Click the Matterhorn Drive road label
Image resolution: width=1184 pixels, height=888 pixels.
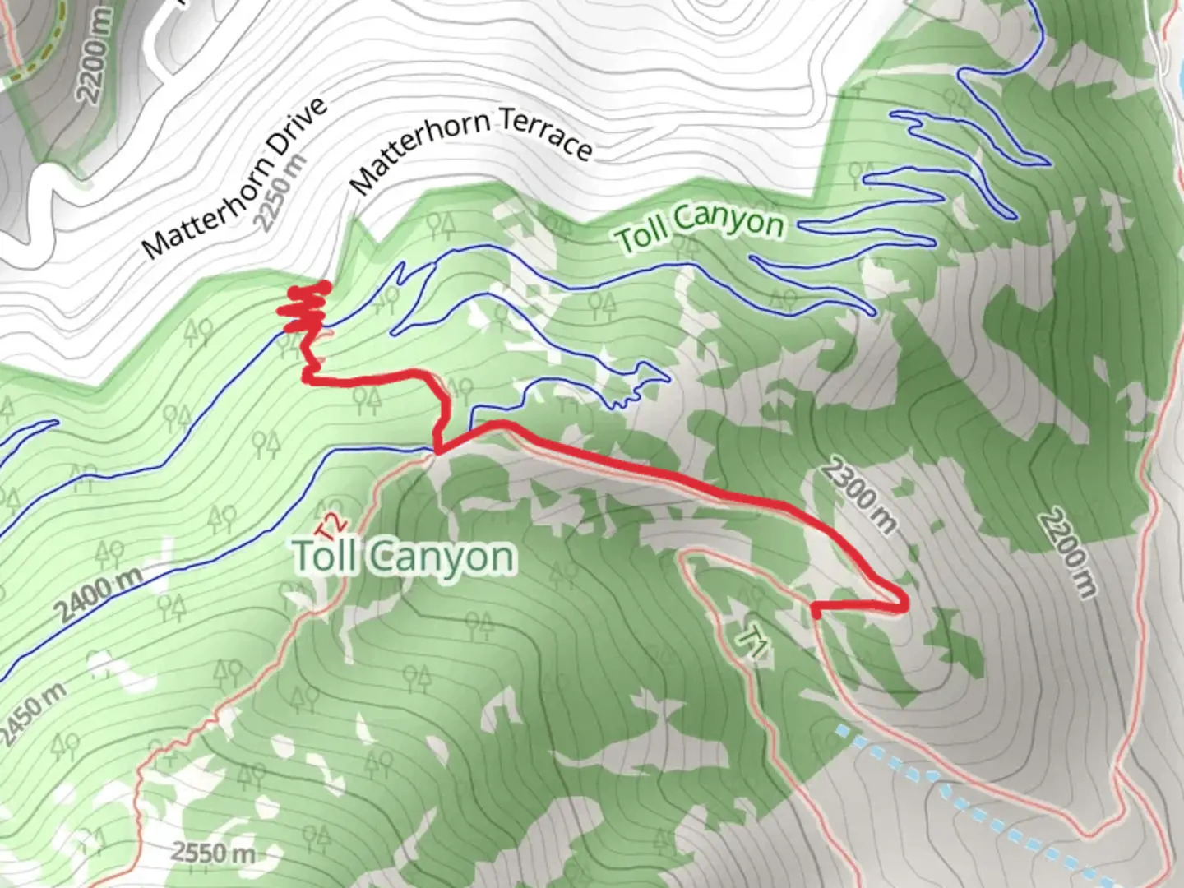click(235, 176)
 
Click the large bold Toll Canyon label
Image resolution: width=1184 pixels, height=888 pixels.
click(405, 557)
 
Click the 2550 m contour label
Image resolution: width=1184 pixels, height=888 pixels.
click(213, 852)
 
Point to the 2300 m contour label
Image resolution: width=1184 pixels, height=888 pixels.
click(858, 496)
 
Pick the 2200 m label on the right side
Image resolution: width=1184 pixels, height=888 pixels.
click(1067, 553)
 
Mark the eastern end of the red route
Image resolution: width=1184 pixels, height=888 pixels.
click(816, 610)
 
